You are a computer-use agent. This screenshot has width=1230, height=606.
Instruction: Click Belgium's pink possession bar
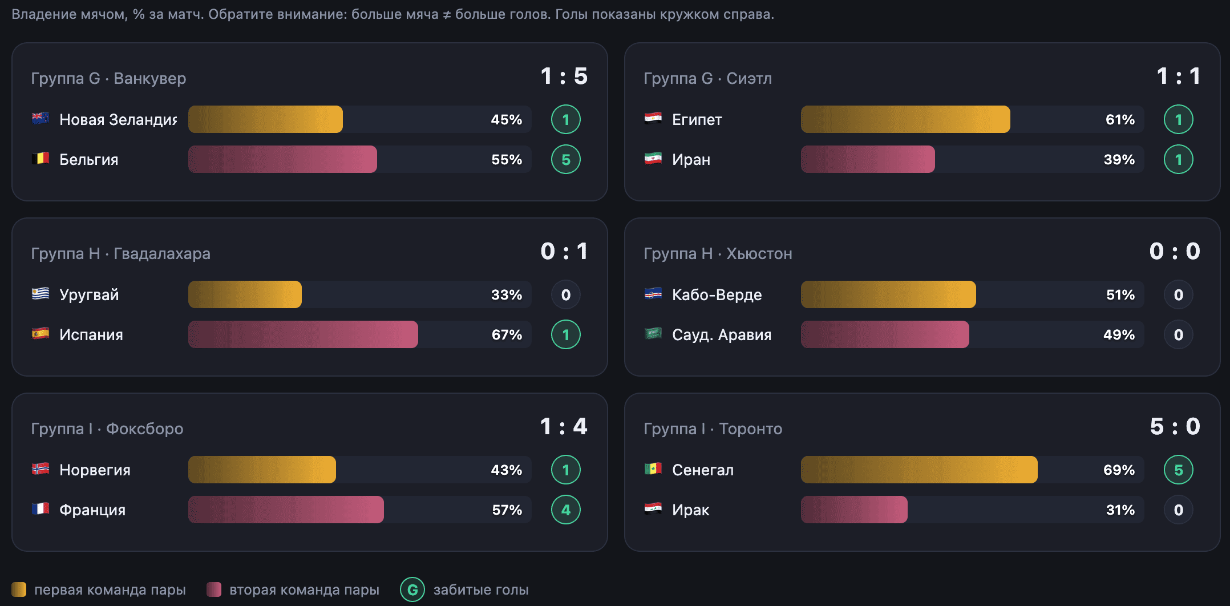(x=282, y=159)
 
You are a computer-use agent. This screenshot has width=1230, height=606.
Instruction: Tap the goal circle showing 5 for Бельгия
(x=566, y=159)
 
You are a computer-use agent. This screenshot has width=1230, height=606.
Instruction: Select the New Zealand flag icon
(x=40, y=119)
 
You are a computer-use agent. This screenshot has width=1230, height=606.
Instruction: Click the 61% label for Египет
(x=1120, y=119)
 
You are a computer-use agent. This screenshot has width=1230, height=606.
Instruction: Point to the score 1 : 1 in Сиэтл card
(x=1179, y=76)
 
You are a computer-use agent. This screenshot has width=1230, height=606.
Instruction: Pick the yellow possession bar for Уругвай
(x=245, y=294)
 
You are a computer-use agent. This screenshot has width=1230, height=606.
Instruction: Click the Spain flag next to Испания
(x=40, y=334)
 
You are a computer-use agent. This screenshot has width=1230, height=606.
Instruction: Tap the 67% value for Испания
(x=507, y=334)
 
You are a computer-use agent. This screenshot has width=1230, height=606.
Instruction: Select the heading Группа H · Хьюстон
(x=718, y=253)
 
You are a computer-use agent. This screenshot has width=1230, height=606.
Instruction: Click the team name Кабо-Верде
(x=717, y=294)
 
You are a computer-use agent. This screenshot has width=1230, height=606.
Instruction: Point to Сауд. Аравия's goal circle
(x=1179, y=334)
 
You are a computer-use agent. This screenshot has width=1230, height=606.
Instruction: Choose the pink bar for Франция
(x=286, y=510)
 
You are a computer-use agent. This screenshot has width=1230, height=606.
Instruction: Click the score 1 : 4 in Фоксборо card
(x=564, y=427)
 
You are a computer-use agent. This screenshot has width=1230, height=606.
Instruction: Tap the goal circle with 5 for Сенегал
(x=1179, y=470)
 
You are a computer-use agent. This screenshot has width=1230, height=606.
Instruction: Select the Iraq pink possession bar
(x=854, y=510)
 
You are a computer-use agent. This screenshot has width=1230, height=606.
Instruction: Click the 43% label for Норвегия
(x=507, y=470)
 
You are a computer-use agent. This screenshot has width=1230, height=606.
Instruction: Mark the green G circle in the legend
(x=412, y=589)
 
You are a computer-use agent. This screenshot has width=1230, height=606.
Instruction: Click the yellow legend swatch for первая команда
(x=19, y=589)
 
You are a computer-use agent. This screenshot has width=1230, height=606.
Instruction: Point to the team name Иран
(x=691, y=159)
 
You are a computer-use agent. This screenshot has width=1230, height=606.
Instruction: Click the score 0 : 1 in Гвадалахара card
(x=564, y=252)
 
